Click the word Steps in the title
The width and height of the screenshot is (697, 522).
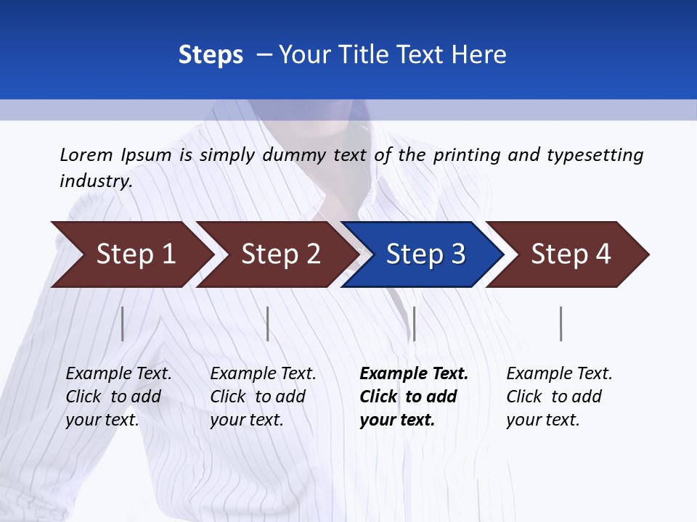pyautogui.click(x=211, y=55)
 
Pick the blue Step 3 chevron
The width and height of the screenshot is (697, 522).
pyautogui.click(x=425, y=254)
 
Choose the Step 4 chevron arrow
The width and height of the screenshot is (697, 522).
pyautogui.click(x=571, y=254)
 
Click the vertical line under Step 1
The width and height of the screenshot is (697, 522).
pyautogui.click(x=123, y=323)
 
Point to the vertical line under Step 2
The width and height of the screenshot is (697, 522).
pyautogui.click(x=268, y=323)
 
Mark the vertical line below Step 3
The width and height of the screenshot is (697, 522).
pyautogui.click(x=414, y=323)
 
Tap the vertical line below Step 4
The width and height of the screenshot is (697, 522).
pyautogui.click(x=561, y=323)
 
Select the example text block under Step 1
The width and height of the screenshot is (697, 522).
pyautogui.click(x=118, y=397)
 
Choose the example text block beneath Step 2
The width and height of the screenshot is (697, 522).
pyautogui.click(x=263, y=397)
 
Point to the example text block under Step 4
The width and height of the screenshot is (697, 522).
pyautogui.click(x=559, y=397)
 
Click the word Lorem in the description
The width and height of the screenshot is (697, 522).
pyautogui.click(x=86, y=155)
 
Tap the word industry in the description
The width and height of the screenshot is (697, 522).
pyautogui.click(x=96, y=181)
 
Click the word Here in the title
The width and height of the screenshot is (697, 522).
pyautogui.click(x=481, y=55)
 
